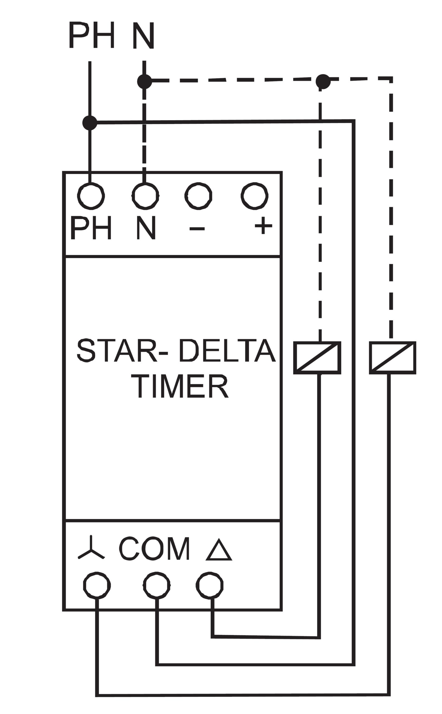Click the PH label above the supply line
(91, 35)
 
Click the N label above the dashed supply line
(143, 36)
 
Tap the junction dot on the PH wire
(90, 123)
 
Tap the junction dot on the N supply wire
(144, 81)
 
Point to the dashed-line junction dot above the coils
(323, 81)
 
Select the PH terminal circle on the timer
(91, 196)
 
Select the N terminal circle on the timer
(145, 196)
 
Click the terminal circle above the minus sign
(198, 196)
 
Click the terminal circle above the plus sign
(255, 196)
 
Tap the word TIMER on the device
(180, 386)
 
